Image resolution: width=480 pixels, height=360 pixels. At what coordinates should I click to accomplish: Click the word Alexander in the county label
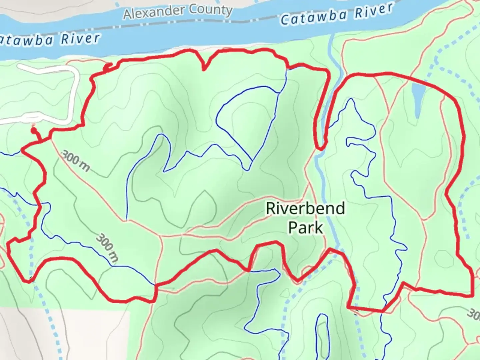click(x=153, y=13)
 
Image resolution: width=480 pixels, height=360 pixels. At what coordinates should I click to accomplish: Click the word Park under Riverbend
click(x=305, y=228)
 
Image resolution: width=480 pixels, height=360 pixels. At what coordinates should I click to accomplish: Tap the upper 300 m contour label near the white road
click(x=76, y=161)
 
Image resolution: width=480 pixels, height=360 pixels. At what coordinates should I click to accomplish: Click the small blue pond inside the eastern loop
click(x=417, y=97)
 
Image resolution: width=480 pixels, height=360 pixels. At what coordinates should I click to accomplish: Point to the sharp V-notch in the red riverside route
click(x=204, y=69)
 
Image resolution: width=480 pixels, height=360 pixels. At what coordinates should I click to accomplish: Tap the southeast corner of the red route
click(x=473, y=295)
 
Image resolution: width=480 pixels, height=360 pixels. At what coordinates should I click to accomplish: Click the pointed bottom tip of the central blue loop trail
click(x=247, y=169)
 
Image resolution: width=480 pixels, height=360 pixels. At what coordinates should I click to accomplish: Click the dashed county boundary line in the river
click(x=253, y=21)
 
